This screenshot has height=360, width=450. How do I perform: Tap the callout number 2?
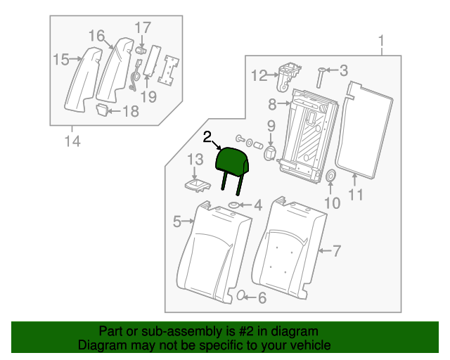click(x=207, y=136)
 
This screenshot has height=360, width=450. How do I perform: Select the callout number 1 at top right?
click(x=382, y=40)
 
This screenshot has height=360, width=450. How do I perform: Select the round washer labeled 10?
click(x=332, y=176)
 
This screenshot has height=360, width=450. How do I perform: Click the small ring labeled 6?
click(x=240, y=295)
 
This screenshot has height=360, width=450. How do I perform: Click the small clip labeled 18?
click(x=103, y=109)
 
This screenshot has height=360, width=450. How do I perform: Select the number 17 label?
click(x=143, y=27)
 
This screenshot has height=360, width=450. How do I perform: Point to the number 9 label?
click(x=270, y=127)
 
